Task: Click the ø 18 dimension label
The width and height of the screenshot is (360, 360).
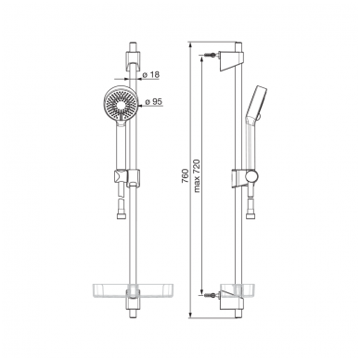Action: (150, 75)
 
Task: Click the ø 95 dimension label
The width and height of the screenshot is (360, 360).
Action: (153, 101)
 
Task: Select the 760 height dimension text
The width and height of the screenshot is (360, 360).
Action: (185, 176)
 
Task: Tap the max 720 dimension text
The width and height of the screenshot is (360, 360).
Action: (197, 175)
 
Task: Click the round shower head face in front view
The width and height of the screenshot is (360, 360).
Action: (120, 103)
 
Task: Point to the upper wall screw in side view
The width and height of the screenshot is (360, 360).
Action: (211, 55)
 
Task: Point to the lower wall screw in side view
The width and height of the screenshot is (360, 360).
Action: (211, 295)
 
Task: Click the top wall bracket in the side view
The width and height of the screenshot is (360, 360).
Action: (231, 61)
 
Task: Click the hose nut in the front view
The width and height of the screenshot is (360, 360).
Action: (121, 214)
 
